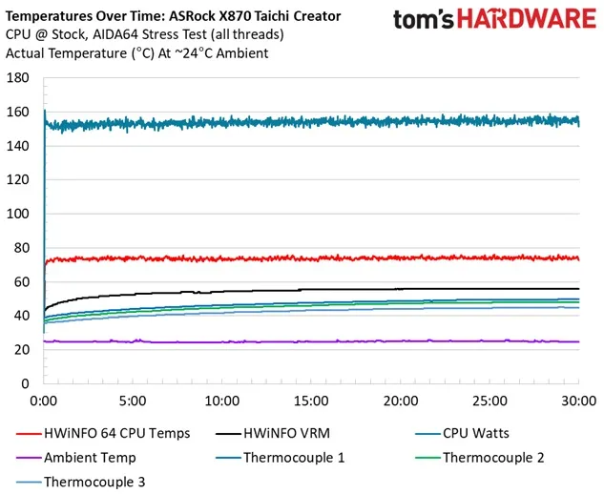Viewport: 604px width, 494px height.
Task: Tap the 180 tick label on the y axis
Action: (19, 78)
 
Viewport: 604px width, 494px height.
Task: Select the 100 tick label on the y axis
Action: (19, 214)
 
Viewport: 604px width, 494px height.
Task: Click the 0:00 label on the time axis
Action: (44, 401)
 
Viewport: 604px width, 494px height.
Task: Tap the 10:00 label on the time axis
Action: (222, 401)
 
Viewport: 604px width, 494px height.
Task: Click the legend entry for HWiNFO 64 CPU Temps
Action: (115, 433)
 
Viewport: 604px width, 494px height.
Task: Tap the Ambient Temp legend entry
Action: (90, 458)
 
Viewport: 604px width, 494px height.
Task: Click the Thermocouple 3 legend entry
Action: (94, 483)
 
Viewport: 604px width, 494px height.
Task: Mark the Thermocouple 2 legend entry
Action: (492, 458)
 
